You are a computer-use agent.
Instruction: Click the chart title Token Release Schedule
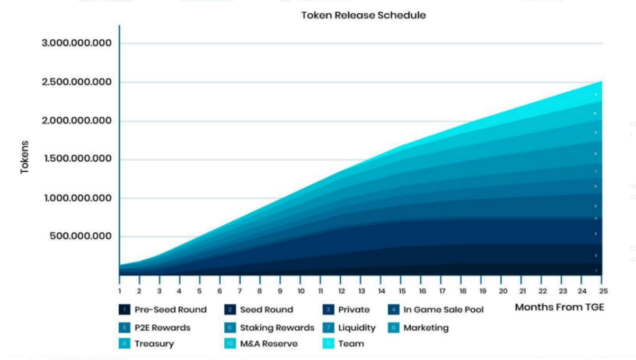coord(364,15)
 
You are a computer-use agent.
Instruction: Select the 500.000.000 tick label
coord(81,236)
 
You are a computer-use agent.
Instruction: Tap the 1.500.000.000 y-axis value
coord(77,159)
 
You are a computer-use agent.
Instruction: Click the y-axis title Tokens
coord(24,157)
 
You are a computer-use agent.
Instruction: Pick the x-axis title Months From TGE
coord(559,307)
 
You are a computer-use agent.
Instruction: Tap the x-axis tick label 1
coord(120,291)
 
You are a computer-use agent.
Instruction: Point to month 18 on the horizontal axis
coord(462,291)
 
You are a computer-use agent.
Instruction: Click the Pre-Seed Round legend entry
coord(170,310)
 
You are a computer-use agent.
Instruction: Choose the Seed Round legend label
coord(266,310)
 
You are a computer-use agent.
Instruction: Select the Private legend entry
coord(354,310)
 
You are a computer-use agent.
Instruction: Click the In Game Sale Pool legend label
coord(443,310)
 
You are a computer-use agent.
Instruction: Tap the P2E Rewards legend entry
coord(162,328)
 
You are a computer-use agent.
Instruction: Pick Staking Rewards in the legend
coord(277,328)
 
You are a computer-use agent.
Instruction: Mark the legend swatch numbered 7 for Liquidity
coord(328,328)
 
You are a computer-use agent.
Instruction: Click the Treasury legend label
coord(154,344)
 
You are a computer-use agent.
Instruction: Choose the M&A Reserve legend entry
coord(269,344)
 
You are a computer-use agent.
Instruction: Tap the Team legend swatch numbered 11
coord(328,344)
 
